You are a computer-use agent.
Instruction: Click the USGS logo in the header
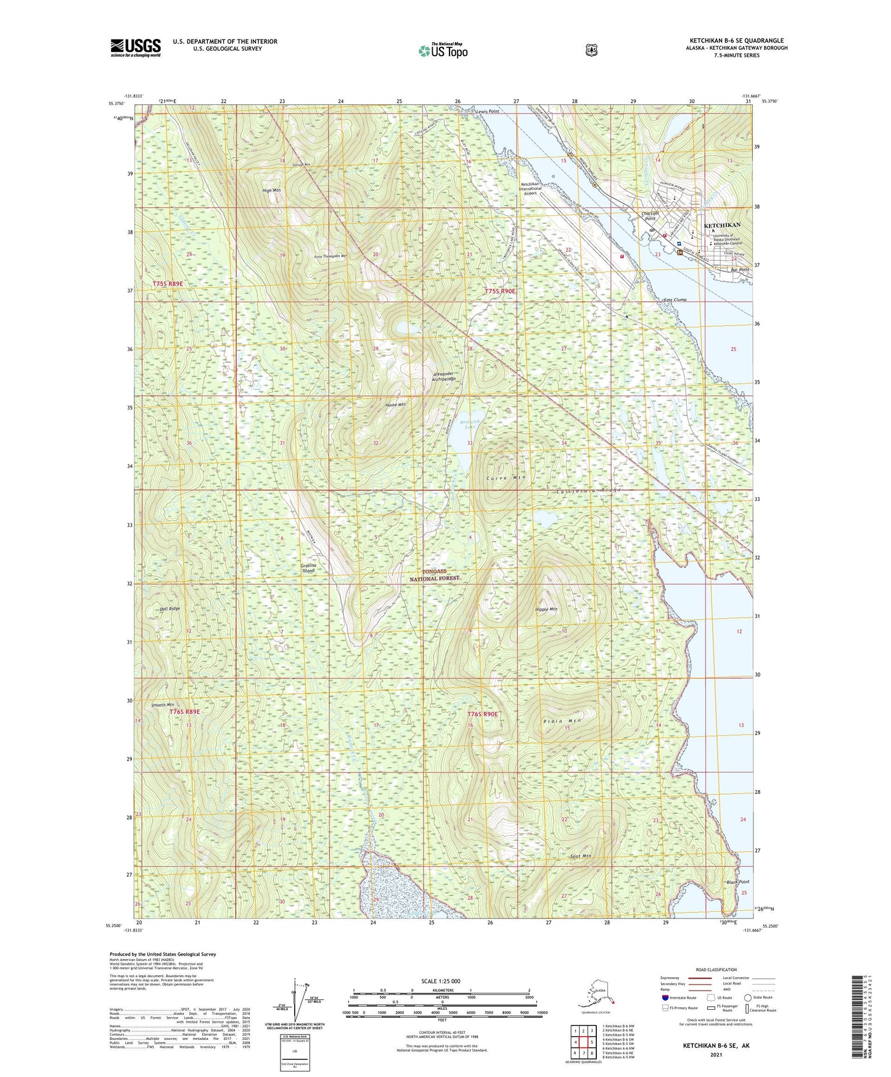[136, 47]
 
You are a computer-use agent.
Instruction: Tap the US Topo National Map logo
[442, 50]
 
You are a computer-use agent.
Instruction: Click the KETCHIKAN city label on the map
[722, 225]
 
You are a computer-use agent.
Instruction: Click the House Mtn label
[395, 405]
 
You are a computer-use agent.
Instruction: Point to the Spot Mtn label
[580, 856]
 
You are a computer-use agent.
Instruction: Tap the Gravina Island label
[308, 568]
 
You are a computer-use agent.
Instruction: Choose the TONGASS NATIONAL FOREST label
[435, 575]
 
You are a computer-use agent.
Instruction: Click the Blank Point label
[737, 882]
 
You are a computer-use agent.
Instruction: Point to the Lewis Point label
[487, 112]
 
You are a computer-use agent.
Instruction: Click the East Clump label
[675, 300]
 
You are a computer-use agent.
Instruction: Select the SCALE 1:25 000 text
[440, 981]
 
